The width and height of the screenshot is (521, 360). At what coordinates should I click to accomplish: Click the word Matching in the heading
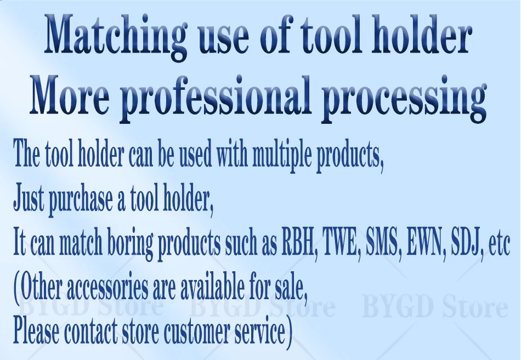(115, 37)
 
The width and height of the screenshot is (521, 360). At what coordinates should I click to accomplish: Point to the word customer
(197, 332)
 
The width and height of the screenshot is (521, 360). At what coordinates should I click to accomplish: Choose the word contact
(90, 332)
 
